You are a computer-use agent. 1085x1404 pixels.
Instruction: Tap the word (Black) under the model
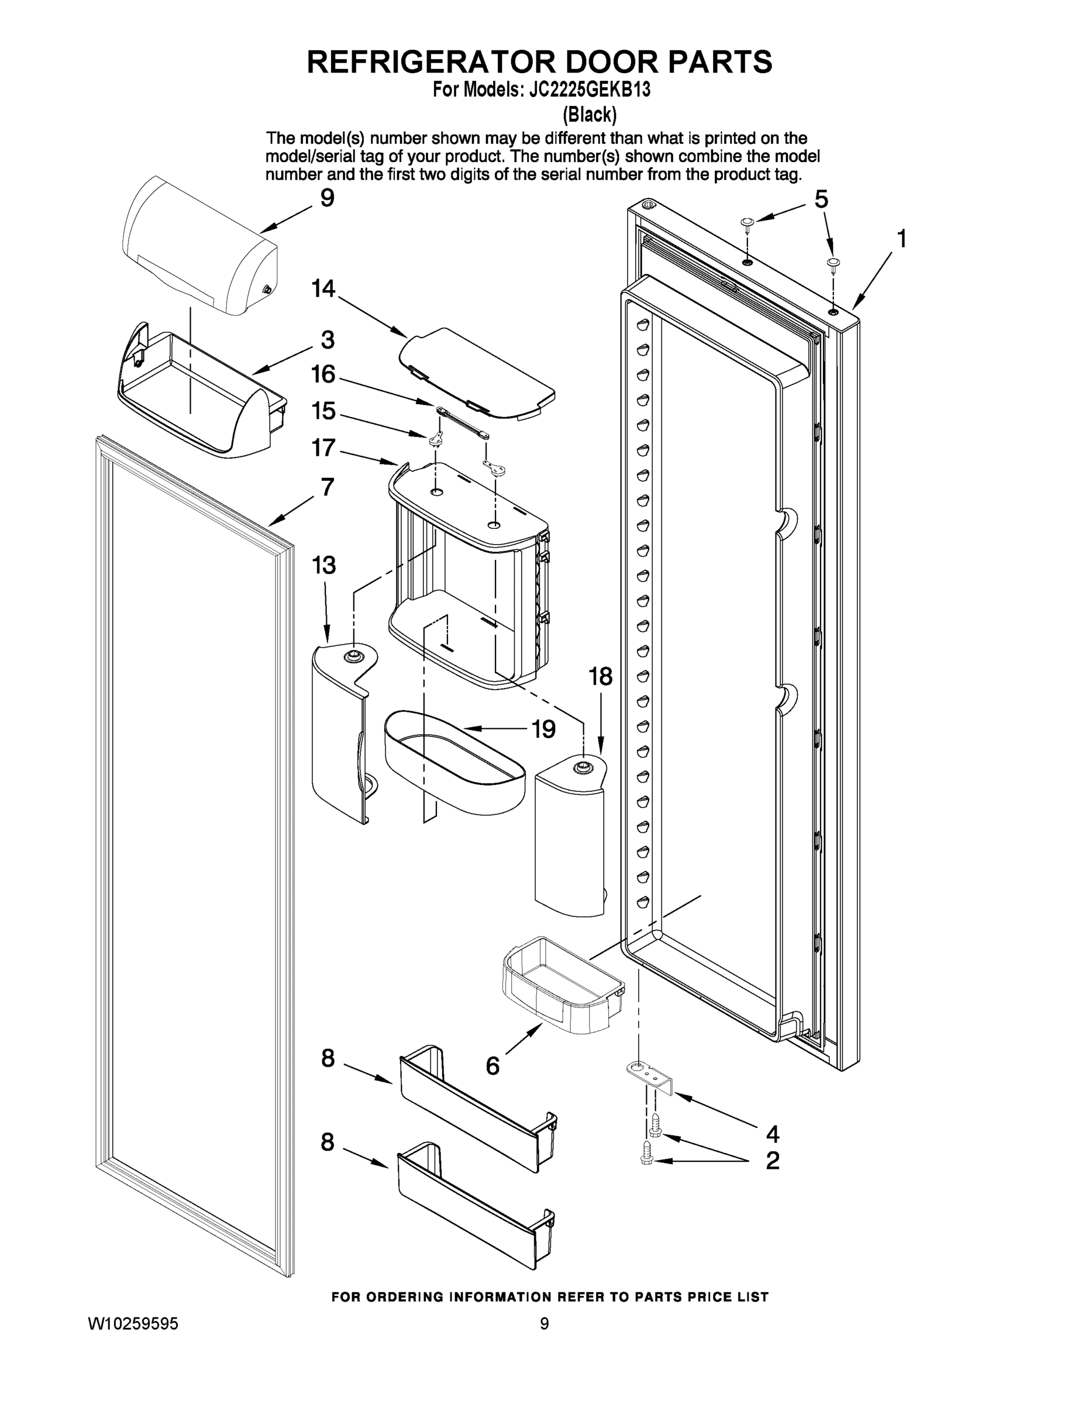[x=590, y=115]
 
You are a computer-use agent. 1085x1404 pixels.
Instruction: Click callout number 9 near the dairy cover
[x=327, y=198]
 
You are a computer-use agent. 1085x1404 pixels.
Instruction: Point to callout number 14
[x=323, y=290]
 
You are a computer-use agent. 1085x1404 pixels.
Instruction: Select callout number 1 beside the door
[x=902, y=239]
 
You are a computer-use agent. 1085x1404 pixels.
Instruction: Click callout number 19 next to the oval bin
[x=543, y=729]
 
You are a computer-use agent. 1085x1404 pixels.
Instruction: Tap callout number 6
[x=492, y=1066]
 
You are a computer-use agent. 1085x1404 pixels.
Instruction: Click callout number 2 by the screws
[x=773, y=1161]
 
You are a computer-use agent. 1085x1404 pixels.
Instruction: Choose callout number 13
[x=323, y=566]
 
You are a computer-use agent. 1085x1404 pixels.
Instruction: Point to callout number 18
[x=600, y=676]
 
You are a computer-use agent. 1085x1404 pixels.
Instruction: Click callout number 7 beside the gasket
[x=327, y=487]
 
